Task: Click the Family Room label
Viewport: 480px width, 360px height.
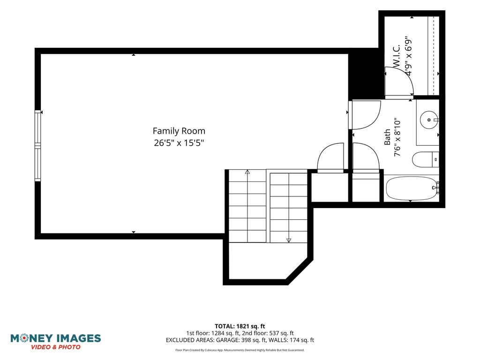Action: [179, 131]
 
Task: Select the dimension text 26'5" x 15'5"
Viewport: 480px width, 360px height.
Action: [179, 142]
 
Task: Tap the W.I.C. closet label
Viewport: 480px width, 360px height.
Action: [397, 56]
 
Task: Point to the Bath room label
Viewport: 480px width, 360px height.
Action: [387, 137]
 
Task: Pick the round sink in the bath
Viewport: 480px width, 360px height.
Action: [429, 120]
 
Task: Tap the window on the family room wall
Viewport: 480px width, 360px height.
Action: [37, 145]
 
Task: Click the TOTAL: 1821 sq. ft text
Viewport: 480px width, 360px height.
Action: [240, 326]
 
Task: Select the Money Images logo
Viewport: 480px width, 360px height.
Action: [56, 341]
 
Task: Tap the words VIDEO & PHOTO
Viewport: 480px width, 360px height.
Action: [56, 347]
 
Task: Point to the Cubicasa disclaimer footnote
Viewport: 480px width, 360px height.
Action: [240, 350]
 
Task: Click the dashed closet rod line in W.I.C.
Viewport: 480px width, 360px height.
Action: [434, 55]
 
